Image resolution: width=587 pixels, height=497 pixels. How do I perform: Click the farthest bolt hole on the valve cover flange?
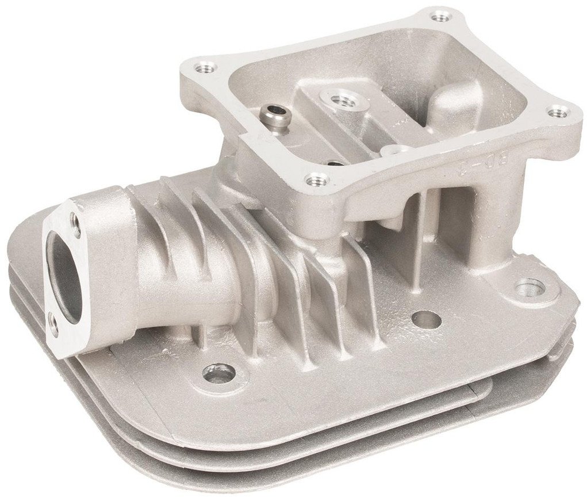[440, 17]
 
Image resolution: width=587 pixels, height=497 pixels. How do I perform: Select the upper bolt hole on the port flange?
[75, 218]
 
